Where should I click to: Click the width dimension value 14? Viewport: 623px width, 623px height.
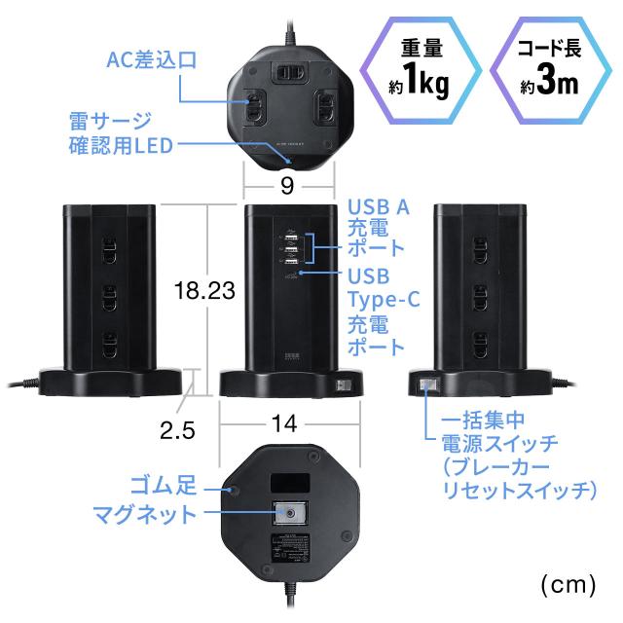[x=285, y=425]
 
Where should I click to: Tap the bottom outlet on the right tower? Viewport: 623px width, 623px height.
[x=478, y=342]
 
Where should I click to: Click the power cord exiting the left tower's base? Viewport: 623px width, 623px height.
[x=19, y=385]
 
